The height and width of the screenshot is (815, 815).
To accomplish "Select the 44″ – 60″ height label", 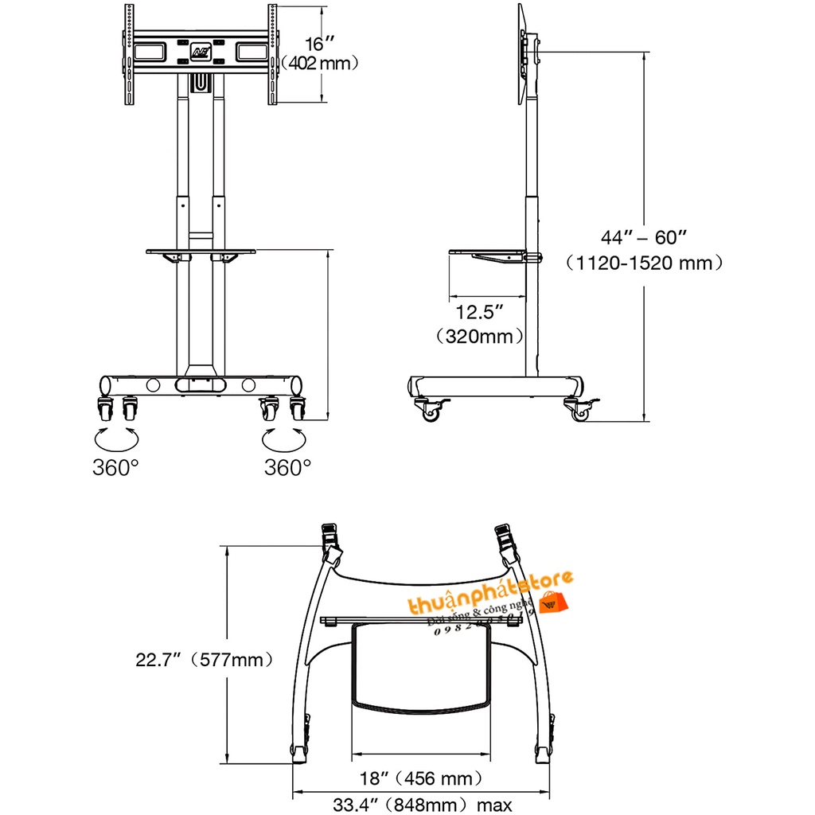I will [x=643, y=236].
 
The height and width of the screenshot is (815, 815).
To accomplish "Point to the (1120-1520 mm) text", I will [x=643, y=263].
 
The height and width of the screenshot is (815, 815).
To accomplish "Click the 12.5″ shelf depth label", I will [x=481, y=310].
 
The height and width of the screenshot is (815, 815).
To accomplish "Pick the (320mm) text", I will [x=481, y=336].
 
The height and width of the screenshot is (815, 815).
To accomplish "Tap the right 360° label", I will [x=287, y=467].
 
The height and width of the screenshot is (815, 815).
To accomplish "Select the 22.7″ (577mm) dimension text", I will [x=205, y=659].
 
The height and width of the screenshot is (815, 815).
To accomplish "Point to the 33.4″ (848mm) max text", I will [x=422, y=805].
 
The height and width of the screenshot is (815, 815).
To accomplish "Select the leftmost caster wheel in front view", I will [x=105, y=408].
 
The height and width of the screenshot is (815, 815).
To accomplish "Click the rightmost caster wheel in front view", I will [x=298, y=408].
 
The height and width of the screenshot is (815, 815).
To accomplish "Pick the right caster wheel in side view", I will [x=578, y=410].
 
